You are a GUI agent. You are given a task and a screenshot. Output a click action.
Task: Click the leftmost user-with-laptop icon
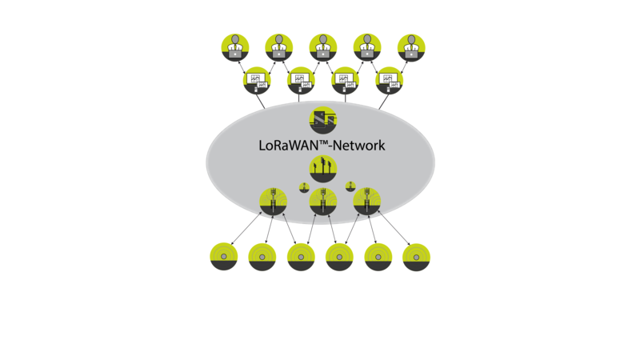tap(235, 48)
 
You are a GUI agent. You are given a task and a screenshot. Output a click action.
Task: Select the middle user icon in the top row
tap(323, 48)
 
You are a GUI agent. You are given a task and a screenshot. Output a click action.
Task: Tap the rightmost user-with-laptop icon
tap(411, 48)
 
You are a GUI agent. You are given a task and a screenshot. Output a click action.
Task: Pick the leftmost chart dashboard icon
tap(257, 80)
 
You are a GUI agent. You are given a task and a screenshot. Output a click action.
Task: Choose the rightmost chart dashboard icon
tap(389, 80)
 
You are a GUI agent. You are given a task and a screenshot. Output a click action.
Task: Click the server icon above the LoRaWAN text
tap(323, 120)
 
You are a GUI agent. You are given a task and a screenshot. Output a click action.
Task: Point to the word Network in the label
tap(358, 146)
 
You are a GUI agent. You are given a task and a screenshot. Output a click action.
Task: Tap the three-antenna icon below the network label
tap(323, 169)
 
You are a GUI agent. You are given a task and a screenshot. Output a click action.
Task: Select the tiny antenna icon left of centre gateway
tap(304, 187)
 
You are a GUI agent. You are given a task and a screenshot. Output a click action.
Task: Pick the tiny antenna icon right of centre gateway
tap(350, 186)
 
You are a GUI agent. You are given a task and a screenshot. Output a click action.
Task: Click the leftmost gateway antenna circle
tap(274, 202)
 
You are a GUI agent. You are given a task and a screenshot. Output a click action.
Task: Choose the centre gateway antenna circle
tap(323, 202)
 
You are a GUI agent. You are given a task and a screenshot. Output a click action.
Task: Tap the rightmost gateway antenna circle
tap(367, 202)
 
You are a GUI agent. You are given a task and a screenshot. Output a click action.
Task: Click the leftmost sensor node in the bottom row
tap(224, 257)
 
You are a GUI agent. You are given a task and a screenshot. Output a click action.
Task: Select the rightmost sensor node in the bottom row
tap(416, 257)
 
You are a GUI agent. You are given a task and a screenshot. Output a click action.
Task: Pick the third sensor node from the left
tap(301, 257)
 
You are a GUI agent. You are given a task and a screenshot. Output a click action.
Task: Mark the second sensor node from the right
tap(378, 257)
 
